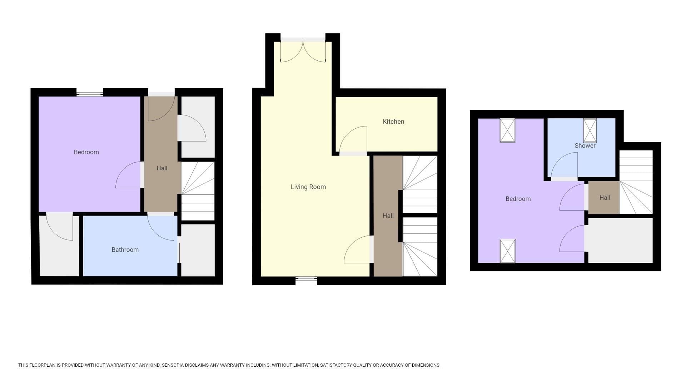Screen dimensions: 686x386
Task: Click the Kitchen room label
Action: (393, 122)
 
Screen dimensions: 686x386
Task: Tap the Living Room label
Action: (308, 187)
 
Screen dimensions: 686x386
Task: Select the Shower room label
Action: (585, 146)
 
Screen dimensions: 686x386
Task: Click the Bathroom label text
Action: (125, 250)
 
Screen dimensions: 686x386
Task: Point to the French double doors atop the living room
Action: (303, 51)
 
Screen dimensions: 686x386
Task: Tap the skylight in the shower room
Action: (590, 130)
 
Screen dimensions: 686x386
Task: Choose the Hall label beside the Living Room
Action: (388, 216)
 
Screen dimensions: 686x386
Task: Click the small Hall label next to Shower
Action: (605, 198)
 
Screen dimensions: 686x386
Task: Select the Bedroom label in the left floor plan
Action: (86, 152)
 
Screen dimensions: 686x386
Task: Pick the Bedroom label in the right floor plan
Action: (518, 199)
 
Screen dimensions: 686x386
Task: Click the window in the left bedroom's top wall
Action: (90, 94)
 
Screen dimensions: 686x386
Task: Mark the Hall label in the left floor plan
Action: (162, 168)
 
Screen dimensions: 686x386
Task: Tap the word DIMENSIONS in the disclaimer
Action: (426, 365)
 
